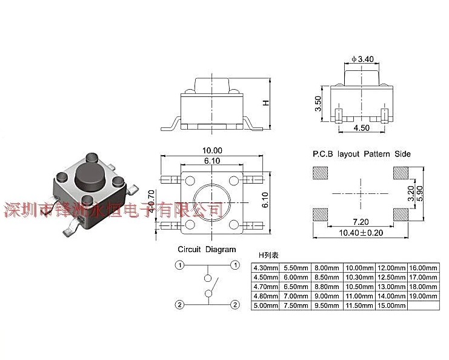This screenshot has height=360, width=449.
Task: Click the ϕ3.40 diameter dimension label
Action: point(363,59)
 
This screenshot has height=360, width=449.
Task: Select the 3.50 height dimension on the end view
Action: point(318,103)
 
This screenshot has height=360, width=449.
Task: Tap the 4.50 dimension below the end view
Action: point(361,128)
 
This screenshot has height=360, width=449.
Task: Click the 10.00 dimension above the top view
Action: point(212,150)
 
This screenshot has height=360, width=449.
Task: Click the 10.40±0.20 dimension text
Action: point(362,233)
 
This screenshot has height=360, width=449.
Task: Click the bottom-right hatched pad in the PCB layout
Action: point(401,214)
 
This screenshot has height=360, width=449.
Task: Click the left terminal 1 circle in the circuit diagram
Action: point(180,265)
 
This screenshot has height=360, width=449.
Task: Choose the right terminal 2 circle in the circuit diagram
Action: point(233,304)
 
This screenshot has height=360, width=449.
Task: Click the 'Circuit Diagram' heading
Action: point(207,250)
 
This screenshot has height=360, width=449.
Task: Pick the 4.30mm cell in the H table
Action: point(265,267)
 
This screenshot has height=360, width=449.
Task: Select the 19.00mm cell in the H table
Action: point(424,296)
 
